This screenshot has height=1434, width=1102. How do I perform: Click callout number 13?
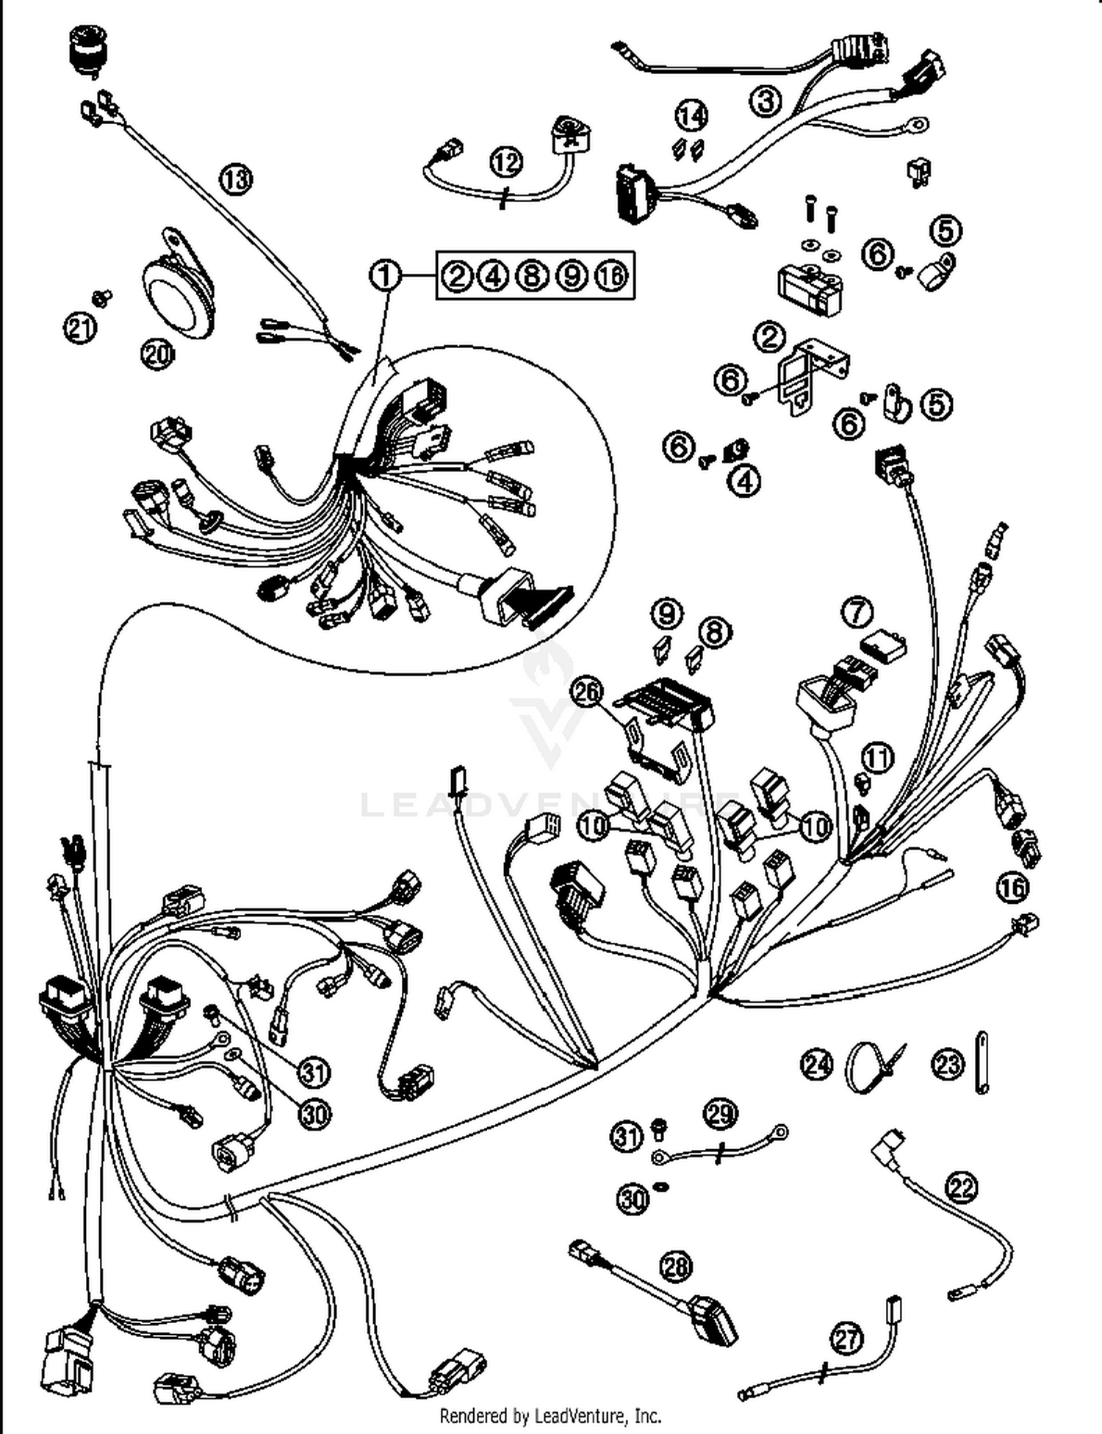235,178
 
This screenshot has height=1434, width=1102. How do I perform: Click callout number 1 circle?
385,276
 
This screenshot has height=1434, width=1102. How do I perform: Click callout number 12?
505,162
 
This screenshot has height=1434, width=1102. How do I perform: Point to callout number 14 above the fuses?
691,115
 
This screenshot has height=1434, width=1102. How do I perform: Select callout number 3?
766,101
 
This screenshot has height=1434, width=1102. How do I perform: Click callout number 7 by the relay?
857,613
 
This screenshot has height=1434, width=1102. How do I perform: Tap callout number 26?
587,691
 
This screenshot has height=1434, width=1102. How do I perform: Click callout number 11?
877,757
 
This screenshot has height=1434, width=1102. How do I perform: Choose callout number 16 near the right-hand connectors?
1012,888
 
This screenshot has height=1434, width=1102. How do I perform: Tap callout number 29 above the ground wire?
720,1114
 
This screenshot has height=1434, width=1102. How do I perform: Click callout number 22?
962,1187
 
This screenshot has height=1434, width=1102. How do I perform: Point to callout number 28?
676,1266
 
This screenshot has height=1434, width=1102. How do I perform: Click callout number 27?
846,1338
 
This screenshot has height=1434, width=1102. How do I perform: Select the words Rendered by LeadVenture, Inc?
550,1414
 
